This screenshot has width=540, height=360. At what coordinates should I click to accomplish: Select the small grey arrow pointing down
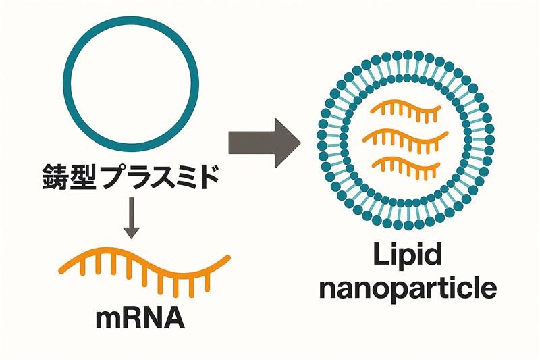[x=132, y=215]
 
